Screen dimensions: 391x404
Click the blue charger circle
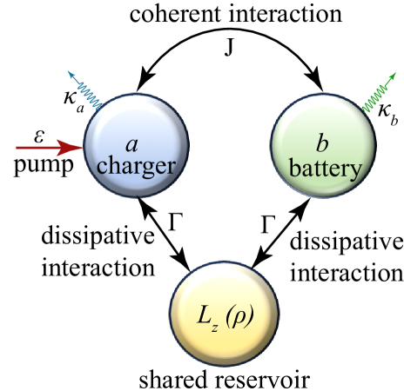point(135,147)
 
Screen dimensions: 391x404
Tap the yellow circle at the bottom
point(224,314)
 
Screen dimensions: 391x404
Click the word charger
point(136,165)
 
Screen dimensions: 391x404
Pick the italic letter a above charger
point(133,142)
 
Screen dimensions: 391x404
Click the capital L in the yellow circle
point(205,317)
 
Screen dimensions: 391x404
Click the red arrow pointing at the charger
point(49,148)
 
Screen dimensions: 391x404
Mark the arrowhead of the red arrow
point(71,148)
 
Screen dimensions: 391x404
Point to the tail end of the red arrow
point(17,148)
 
